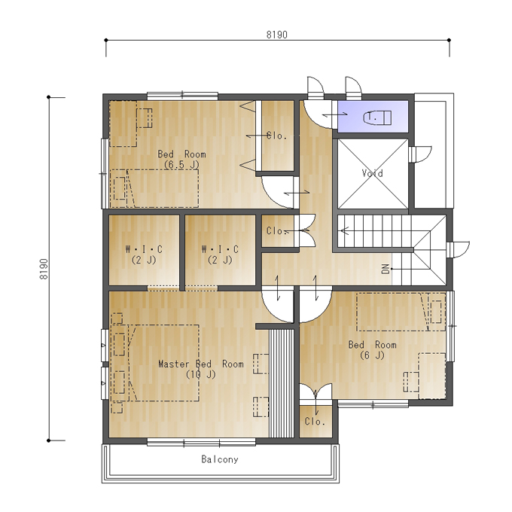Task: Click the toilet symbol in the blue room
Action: tap(377, 117)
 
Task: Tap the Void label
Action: tap(372, 173)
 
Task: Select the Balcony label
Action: tap(220, 459)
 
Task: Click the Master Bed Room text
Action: tap(201, 364)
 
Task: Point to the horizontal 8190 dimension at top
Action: tap(277, 35)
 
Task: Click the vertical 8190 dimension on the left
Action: tap(44, 269)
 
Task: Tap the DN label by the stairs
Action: tap(386, 269)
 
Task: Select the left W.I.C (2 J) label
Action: tap(144, 254)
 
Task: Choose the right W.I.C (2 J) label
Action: tap(220, 254)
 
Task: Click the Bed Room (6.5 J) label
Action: tap(181, 159)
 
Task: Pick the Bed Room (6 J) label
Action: tap(372, 349)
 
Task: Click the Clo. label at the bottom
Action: tap(315, 421)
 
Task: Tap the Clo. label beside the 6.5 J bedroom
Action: tap(277, 136)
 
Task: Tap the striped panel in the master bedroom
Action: tap(281, 383)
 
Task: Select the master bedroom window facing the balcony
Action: tap(201, 443)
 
